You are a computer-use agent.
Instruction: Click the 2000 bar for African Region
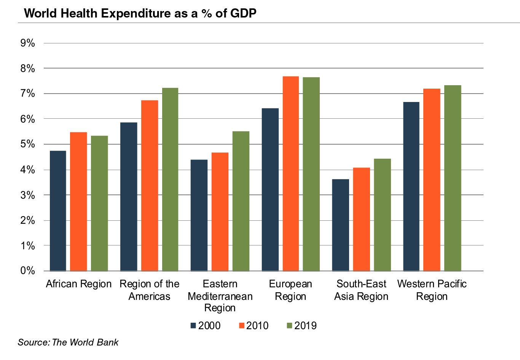(x=58, y=211)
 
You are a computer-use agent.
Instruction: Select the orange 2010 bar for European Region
(x=290, y=174)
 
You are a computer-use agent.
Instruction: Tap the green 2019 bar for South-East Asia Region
(x=382, y=215)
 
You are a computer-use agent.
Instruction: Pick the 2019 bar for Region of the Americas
(x=170, y=179)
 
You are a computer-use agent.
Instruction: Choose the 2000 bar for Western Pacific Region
(x=411, y=186)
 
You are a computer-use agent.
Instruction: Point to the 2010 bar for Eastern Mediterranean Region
(x=220, y=212)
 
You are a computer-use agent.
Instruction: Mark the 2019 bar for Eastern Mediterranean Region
(x=241, y=201)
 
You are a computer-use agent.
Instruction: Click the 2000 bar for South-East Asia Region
(x=340, y=225)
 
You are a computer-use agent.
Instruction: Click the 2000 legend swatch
(x=193, y=326)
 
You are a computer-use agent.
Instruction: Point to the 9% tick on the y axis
(x=28, y=43)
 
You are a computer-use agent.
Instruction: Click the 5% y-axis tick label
(x=28, y=144)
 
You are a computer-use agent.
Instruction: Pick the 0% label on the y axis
(x=28, y=271)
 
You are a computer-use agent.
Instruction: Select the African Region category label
(x=79, y=284)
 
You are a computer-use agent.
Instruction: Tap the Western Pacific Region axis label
(x=432, y=290)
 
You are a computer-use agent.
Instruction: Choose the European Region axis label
(x=290, y=290)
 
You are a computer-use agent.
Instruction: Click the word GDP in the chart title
(x=243, y=13)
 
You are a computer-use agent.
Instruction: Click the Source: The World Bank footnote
(x=68, y=342)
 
